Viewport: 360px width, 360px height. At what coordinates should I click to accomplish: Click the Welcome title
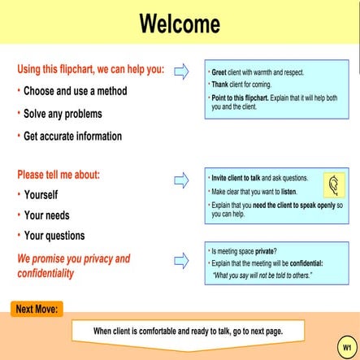[180, 24]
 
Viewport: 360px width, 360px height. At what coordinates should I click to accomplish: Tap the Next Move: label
[37, 309]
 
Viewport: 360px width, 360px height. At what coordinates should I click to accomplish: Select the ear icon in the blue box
[333, 186]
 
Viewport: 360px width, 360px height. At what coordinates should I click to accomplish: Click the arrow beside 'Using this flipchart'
[181, 71]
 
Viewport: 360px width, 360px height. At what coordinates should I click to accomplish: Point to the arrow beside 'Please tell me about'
[181, 179]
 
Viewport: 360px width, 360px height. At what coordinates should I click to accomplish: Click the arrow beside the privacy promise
[181, 260]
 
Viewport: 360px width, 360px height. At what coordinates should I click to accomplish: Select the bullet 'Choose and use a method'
[75, 91]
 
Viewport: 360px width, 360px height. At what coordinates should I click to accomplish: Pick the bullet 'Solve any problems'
[65, 113]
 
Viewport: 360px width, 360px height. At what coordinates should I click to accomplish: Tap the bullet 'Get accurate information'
[72, 136]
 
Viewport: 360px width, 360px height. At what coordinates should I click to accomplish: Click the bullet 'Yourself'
[41, 195]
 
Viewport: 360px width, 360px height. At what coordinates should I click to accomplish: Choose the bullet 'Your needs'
[46, 215]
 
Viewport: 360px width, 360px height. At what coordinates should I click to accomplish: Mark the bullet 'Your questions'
[54, 236]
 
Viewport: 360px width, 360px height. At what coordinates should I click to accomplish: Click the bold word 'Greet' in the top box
[219, 72]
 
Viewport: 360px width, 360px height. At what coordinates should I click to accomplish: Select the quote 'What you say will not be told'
[262, 275]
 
